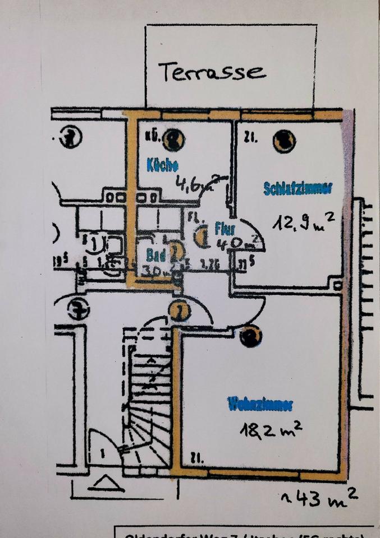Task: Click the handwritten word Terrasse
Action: pyautogui.click(x=210, y=72)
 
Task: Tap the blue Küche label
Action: pyautogui.click(x=162, y=165)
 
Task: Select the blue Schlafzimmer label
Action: pyautogui.click(x=297, y=188)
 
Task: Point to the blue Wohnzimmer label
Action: pyautogui.click(x=260, y=403)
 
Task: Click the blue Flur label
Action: pyautogui.click(x=224, y=229)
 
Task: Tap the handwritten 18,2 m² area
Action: pyautogui.click(x=271, y=430)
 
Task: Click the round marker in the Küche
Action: pyautogui.click(x=174, y=140)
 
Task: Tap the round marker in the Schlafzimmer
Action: pyautogui.click(x=284, y=141)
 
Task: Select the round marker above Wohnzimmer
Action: pyautogui.click(x=250, y=336)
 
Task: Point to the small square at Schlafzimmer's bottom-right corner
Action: pyautogui.click(x=338, y=286)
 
